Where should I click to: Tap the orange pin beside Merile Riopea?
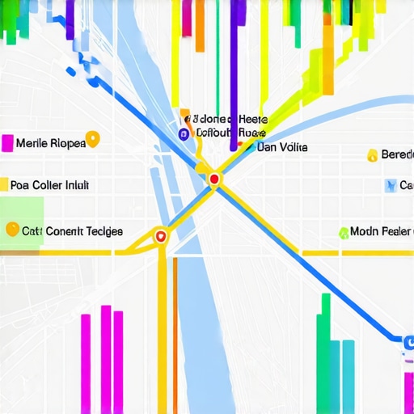[92, 139]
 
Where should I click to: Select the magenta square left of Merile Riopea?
[8, 143]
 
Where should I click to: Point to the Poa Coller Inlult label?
[55, 184]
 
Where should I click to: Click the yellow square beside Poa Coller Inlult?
[3, 184]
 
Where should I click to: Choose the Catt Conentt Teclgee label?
[72, 231]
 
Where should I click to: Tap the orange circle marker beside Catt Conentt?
[11, 230]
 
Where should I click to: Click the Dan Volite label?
[281, 147]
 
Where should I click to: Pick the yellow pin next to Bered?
[372, 154]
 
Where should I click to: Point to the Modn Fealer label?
[381, 232]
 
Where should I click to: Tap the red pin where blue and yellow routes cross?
[214, 178]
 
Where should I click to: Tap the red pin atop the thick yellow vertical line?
[160, 236]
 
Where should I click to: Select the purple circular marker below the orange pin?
[183, 134]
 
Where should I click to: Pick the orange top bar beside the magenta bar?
[199, 24]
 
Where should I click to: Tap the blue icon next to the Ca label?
[391, 185]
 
